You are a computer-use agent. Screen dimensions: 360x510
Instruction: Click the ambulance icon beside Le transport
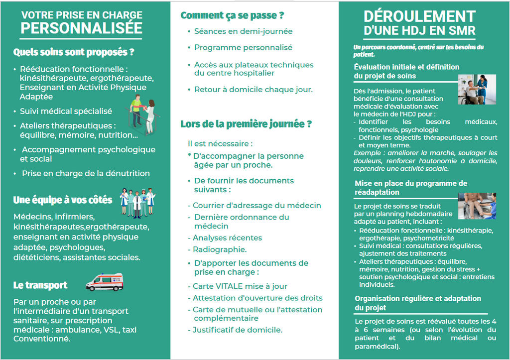click(105, 282)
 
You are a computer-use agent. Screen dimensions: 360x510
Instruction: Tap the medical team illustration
click(137, 202)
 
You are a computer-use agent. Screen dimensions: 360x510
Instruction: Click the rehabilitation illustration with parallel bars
click(142, 115)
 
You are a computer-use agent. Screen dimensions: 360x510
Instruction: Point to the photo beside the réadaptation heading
click(477, 206)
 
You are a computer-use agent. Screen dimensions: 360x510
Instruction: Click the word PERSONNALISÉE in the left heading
click(81, 28)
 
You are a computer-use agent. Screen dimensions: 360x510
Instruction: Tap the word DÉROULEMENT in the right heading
click(420, 16)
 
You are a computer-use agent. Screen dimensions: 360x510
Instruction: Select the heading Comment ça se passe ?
click(232, 15)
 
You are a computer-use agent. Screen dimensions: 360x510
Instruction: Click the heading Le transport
click(40, 285)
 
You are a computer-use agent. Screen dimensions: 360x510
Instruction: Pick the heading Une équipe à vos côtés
click(63, 200)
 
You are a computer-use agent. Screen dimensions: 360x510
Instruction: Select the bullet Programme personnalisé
click(243, 48)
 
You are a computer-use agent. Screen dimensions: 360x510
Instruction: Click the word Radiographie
click(220, 249)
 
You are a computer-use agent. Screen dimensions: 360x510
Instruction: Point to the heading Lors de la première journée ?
click(246, 124)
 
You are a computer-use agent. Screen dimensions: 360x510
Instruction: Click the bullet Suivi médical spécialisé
click(66, 111)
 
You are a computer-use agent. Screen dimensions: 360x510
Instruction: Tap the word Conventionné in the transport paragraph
click(42, 339)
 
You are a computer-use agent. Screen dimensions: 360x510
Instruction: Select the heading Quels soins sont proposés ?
click(74, 52)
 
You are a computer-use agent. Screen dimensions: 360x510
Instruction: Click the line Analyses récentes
click(227, 238)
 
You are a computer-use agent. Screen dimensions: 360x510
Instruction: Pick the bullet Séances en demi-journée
click(243, 31)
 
